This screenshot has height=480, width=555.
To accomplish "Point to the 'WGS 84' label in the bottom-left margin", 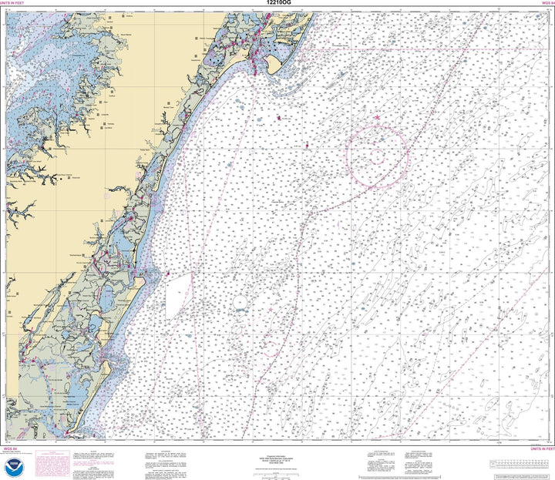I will pos(11,448).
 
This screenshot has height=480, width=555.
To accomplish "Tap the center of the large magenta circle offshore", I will pos(376,157).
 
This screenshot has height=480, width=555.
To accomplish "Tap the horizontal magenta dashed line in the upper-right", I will pos(432,49).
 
